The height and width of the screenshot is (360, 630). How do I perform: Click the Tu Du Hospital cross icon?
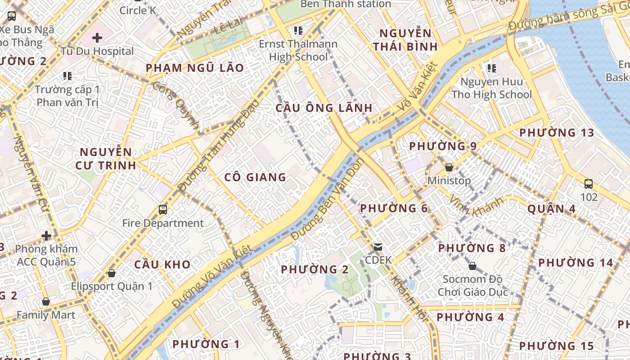click(x=97, y=38)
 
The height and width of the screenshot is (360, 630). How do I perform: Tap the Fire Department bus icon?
click(x=163, y=209)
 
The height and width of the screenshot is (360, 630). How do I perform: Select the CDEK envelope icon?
click(x=378, y=247)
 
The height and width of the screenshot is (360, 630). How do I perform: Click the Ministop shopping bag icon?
click(x=449, y=167)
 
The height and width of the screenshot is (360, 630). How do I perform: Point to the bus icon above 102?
click(x=589, y=184)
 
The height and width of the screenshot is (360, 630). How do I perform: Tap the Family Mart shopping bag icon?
click(x=45, y=301)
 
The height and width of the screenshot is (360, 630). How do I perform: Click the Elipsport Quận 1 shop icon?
click(x=112, y=273)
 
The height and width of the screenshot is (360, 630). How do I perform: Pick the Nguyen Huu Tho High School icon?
click(x=491, y=68)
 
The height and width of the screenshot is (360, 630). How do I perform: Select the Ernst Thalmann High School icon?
click(x=298, y=31)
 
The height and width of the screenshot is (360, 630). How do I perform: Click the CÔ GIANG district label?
click(x=255, y=177)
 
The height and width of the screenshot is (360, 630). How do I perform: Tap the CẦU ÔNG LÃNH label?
click(x=324, y=108)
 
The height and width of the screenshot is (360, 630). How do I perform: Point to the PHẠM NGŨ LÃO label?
click(x=195, y=68)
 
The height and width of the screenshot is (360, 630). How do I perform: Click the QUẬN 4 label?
click(x=551, y=209)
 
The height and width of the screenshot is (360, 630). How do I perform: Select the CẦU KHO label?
click(x=162, y=264)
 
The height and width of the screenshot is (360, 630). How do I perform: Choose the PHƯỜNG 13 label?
click(x=557, y=133)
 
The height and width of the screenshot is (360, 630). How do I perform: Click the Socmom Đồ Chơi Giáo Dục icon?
click(x=472, y=266)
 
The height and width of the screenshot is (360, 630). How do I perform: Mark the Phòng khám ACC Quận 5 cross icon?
click(x=46, y=235)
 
